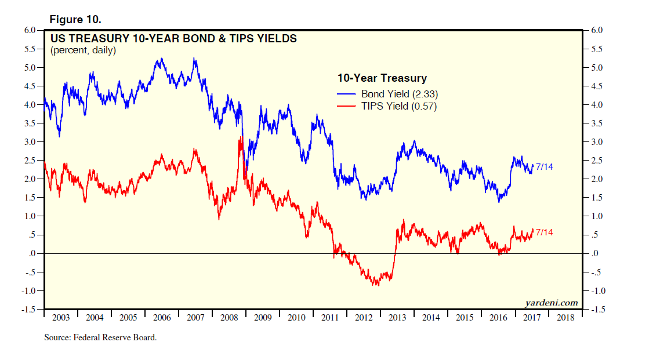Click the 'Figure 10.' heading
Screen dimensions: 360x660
click(x=76, y=19)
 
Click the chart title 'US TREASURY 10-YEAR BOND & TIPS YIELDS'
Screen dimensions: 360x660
click(x=173, y=39)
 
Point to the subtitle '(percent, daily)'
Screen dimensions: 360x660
click(x=83, y=50)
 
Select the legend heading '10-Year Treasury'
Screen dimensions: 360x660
click(x=382, y=78)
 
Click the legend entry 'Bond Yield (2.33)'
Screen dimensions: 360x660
click(x=394, y=94)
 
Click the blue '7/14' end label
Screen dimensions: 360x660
click(x=544, y=167)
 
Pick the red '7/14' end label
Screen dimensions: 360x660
click(x=544, y=232)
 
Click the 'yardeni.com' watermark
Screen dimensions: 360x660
click(x=552, y=302)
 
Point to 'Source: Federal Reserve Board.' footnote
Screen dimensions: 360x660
click(x=100, y=337)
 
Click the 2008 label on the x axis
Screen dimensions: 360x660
click(x=229, y=318)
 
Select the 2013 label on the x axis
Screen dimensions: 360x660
click(x=397, y=318)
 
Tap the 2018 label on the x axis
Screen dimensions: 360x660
click(x=565, y=318)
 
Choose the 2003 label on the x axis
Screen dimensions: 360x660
click(x=61, y=318)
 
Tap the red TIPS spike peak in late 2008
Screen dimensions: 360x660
click(x=240, y=137)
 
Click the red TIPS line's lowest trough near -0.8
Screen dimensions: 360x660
click(x=376, y=285)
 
